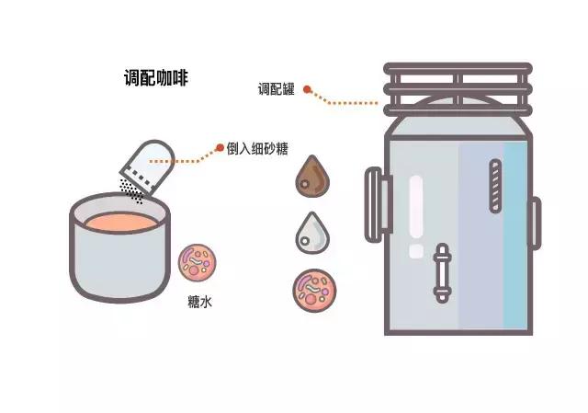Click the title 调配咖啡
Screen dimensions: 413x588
(157, 78)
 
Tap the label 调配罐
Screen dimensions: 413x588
(276, 89)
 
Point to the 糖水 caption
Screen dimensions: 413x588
(198, 301)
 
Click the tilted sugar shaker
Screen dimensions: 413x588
(148, 164)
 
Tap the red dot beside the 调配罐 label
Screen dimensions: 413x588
(308, 90)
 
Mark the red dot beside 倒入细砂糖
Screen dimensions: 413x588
(220, 147)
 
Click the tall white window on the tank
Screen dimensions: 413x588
(416, 207)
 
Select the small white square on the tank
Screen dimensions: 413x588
(416, 250)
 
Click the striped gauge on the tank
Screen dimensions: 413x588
(496, 187)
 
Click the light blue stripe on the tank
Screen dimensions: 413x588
(515, 235)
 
